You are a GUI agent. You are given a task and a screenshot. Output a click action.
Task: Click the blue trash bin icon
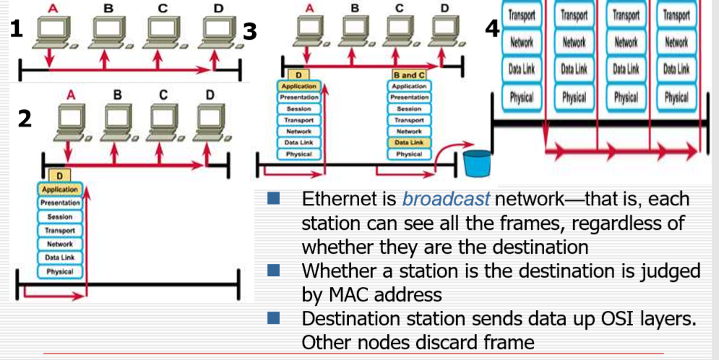(x=477, y=163)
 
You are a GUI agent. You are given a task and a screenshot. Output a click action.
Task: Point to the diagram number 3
(x=250, y=31)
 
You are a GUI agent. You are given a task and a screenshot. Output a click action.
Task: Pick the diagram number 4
(x=492, y=29)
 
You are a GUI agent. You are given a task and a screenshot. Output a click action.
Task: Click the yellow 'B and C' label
(x=409, y=74)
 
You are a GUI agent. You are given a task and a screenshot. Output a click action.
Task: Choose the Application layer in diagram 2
(x=59, y=189)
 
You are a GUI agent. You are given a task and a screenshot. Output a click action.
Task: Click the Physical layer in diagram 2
(x=59, y=272)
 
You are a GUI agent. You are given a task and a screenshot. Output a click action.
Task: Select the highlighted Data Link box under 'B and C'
(x=409, y=143)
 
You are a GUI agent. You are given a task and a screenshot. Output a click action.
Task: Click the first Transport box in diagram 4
(x=521, y=15)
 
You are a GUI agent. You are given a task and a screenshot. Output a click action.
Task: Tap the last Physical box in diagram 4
(x=676, y=96)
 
